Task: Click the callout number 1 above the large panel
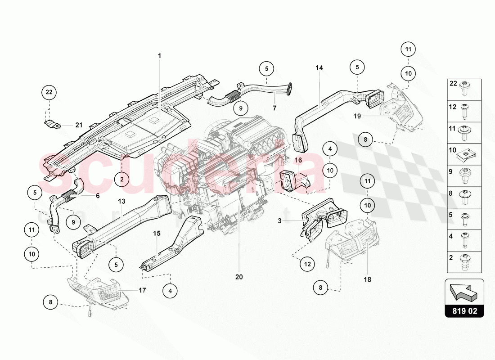pos(159,56)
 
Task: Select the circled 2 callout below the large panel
pos(121,180)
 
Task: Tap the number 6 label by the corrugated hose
pos(98,196)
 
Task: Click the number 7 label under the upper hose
pos(274,108)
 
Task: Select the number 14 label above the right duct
pos(319,68)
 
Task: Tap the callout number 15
pos(157,234)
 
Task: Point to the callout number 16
pos(298,160)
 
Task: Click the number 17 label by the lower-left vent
pos(142,291)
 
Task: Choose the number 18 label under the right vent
pos(368,279)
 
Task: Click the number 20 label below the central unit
pos(238,277)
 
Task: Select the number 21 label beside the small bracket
pos(79,126)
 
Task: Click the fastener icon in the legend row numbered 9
pos(463,173)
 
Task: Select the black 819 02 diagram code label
pos(464,310)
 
